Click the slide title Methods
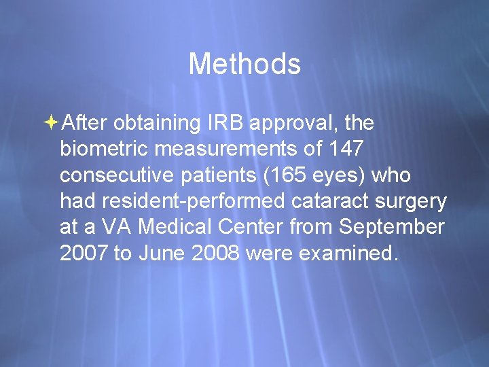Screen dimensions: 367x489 [244, 65]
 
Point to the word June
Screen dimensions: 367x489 [162, 253]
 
